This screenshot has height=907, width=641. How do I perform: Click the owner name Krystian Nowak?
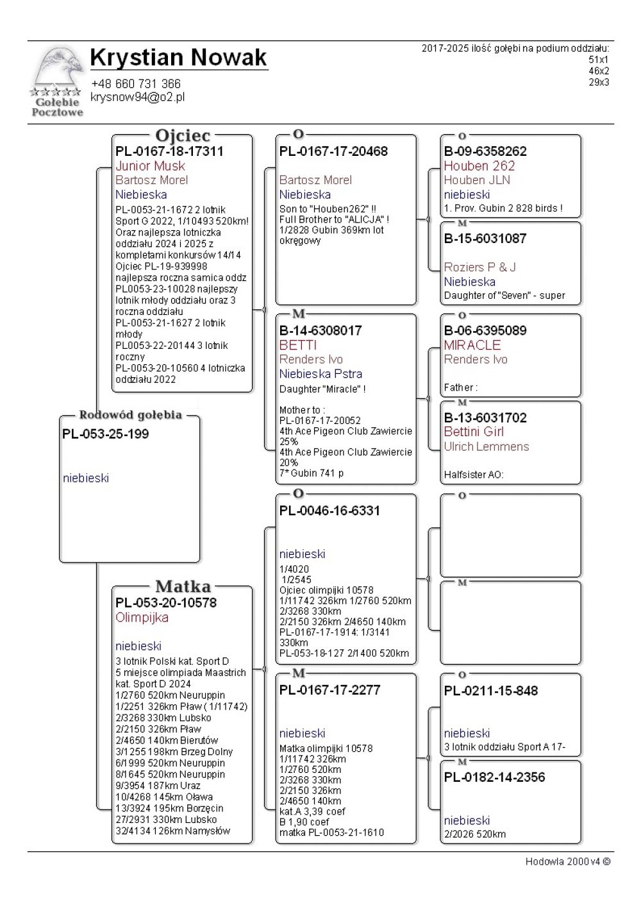tap(178, 58)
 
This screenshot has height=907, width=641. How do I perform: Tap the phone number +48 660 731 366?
tap(136, 83)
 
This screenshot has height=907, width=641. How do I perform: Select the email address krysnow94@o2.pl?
tap(138, 97)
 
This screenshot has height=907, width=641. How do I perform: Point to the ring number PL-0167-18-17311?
tap(169, 151)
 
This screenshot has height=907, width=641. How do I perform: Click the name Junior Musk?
tap(150, 166)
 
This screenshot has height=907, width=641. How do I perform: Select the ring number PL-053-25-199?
tap(105, 434)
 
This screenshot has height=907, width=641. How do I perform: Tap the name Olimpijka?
tap(142, 618)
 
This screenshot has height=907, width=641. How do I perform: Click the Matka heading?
tap(183, 586)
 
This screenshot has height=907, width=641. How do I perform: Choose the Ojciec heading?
tap(183, 135)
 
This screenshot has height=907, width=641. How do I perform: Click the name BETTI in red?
tap(298, 345)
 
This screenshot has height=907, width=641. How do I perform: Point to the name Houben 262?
tap(479, 165)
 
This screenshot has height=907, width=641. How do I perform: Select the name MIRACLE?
tap(472, 345)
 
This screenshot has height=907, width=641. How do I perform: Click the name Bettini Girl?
tap(473, 432)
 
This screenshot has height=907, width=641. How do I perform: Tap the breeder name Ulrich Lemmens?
tap(486, 446)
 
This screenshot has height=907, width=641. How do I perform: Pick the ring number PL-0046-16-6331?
tap(329, 511)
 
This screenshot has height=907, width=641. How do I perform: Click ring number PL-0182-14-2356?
tap(494, 777)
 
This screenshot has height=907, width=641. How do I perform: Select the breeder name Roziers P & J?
tap(479, 267)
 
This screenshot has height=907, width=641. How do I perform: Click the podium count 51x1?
tap(599, 59)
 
